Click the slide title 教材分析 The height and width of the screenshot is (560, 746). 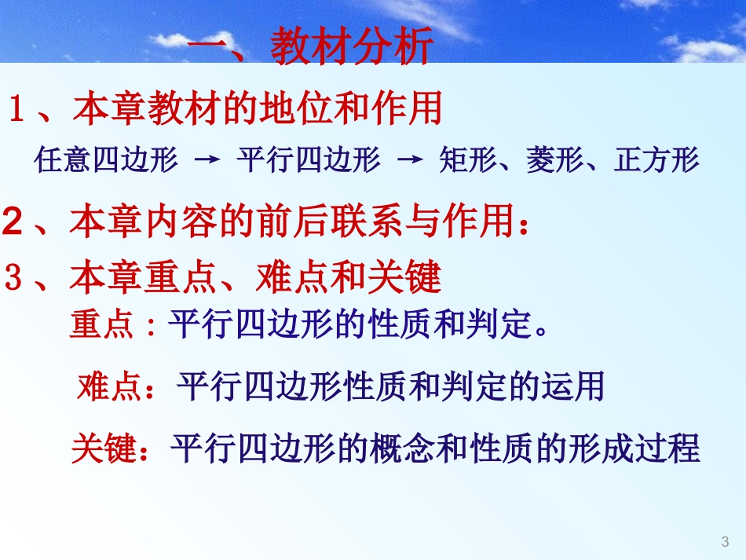[x=351, y=49]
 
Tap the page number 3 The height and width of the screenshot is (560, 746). [x=724, y=541]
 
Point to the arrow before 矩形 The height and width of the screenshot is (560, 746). [x=410, y=160]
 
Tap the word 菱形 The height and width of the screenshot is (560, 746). [x=555, y=160]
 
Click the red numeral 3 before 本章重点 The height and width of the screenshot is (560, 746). [x=14, y=277]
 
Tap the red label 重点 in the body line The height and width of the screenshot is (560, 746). [x=102, y=325]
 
